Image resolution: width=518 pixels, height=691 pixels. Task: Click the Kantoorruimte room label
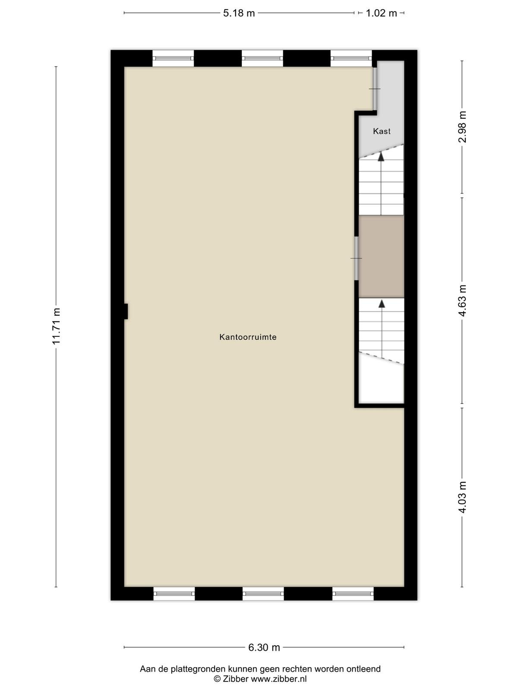coord(248,337)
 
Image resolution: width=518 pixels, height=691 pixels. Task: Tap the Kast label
coord(382,131)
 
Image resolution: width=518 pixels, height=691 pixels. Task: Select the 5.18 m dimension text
coord(239,13)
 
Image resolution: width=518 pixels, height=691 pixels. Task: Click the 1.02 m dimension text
coord(382,13)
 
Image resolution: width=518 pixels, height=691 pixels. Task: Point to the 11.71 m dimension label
coord(56,326)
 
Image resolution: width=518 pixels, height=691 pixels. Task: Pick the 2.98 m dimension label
coord(462,127)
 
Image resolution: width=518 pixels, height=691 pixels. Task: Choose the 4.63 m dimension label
coord(462,300)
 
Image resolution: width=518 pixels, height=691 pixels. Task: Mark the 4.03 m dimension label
coord(462,497)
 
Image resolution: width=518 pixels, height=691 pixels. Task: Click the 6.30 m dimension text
coord(264,647)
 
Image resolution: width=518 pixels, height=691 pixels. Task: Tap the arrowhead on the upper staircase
coord(381,156)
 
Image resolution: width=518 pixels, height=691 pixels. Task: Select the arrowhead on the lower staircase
coord(382,304)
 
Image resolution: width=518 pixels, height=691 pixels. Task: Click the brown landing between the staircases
coord(382,257)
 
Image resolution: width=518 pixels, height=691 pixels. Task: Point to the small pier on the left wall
coord(126,311)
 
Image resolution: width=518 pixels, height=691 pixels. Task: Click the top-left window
coord(173,58)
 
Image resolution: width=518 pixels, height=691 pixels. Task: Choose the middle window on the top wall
coord(262,58)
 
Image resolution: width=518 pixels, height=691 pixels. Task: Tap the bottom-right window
coord(353,594)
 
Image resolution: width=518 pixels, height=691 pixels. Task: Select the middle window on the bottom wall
coord(263,594)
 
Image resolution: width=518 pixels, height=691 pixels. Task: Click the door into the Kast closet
coord(375,89)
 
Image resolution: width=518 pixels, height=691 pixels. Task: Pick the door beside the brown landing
coord(357,258)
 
